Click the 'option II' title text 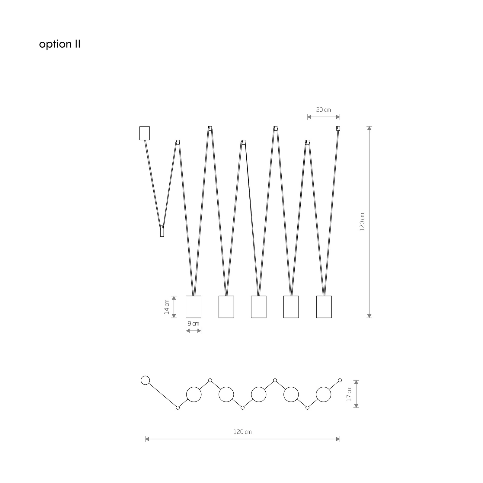(60, 44)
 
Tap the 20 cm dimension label (323, 110)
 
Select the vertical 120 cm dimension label (362, 222)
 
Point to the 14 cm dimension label (167, 307)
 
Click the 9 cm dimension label (194, 324)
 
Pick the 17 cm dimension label (349, 394)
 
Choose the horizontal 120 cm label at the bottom (242, 432)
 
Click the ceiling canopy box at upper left (145, 133)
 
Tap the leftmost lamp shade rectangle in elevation (194, 307)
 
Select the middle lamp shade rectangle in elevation (259, 307)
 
